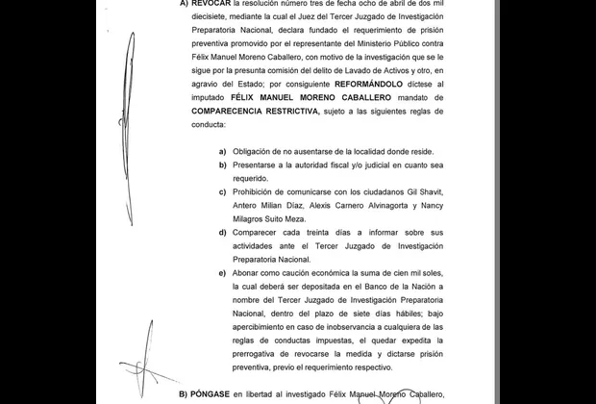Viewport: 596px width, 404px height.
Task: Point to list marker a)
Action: (224, 151)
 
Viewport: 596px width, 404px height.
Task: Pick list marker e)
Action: (224, 273)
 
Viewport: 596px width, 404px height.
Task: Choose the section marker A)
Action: (184, 5)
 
